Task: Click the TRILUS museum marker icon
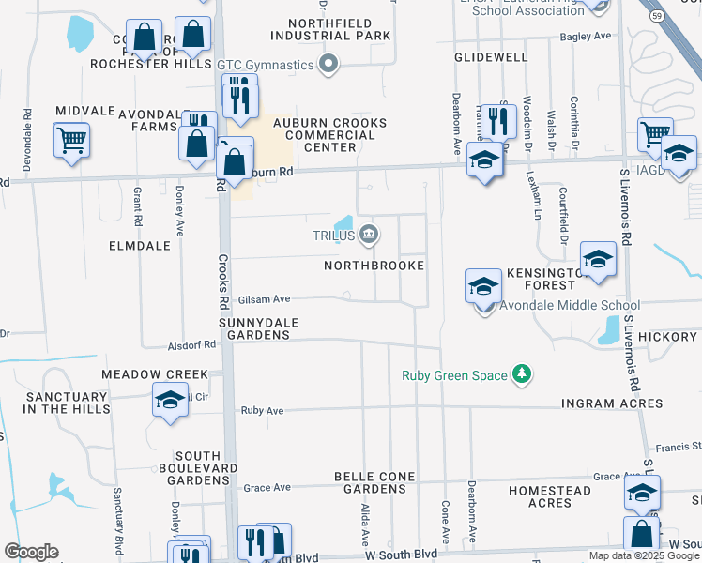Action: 369,235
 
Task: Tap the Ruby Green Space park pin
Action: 522,375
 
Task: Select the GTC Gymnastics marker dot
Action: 328,65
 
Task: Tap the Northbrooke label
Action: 374,266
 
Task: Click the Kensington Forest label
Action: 541,278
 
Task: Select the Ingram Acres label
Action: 612,403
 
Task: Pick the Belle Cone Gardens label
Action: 374,482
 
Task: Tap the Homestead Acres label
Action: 550,496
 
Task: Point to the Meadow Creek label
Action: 155,374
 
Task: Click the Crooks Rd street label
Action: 224,281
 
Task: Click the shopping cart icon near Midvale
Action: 71,141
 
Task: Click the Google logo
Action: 31,552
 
